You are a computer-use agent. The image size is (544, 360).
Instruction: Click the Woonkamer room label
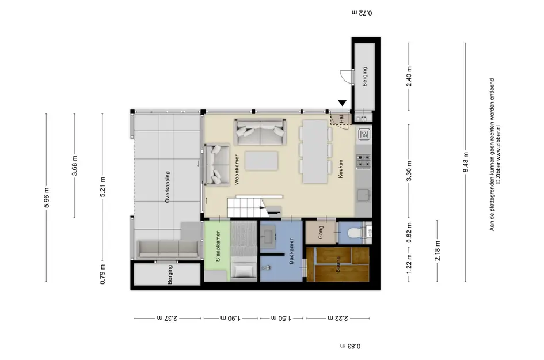coord(237,169)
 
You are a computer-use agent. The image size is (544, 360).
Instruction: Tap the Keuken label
coord(340,169)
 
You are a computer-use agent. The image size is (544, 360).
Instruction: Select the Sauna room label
coord(337,264)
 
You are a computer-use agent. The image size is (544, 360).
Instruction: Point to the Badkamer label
coord(291,251)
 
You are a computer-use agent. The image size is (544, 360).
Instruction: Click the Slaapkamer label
coord(218,246)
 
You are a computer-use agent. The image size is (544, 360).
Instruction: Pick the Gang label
coord(321,232)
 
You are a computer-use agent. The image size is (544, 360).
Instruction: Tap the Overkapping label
coord(168,187)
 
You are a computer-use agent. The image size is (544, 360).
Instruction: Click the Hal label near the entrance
coord(342,119)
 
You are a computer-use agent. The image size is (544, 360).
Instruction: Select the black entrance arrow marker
coord(343,103)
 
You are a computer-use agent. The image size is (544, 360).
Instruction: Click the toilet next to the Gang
coord(355,232)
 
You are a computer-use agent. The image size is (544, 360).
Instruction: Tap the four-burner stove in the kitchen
coord(363,161)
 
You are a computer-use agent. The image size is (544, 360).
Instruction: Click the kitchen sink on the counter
coord(364,195)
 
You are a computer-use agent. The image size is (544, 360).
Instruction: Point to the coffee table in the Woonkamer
coord(261,161)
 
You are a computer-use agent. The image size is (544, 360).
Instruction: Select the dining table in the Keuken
coord(315,151)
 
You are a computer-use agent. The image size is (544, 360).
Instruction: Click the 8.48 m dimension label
coord(466,162)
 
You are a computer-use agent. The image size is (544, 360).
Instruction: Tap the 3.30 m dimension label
coord(409,171)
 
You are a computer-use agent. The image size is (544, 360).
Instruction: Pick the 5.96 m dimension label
coord(47,198)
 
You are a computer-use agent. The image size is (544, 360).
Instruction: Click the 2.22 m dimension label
coord(338,317)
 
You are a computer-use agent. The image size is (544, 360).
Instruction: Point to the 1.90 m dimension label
coord(231,317)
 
